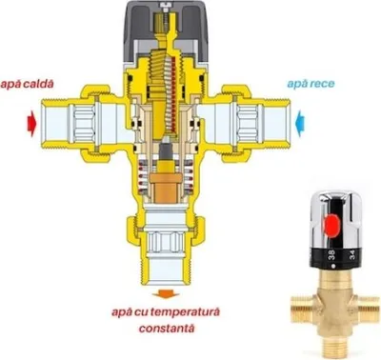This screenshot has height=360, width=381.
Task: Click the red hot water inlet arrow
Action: pyautogui.click(x=31, y=124)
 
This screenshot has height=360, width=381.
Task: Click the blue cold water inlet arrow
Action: pyautogui.click(x=300, y=124)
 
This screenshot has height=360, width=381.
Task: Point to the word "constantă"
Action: pyautogui.click(x=167, y=328)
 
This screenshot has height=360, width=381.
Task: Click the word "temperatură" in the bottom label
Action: pyautogui.click(x=185, y=312)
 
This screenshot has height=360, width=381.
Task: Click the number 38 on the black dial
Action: pyautogui.click(x=331, y=255)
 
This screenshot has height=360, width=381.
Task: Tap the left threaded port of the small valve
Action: pyautogui.click(x=302, y=307)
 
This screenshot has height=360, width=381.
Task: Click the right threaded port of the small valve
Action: pyautogui.click(x=369, y=307)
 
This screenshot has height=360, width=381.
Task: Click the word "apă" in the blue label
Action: pyautogui.click(x=295, y=84)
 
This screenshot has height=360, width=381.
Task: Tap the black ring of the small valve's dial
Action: pyautogui.click(x=337, y=257)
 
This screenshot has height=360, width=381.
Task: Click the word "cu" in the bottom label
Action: pyautogui.click(x=142, y=312)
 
